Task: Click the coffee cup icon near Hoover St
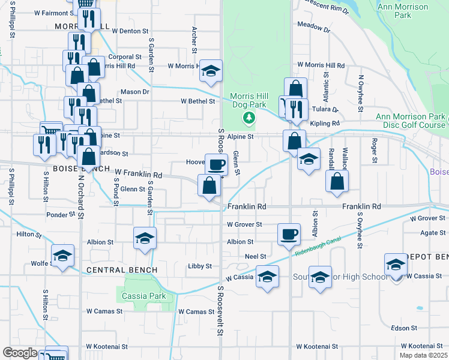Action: point(216,163)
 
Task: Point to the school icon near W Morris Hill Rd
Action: point(211,70)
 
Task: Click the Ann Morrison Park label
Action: point(403,11)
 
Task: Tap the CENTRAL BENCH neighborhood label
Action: point(122,270)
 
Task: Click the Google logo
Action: point(20,352)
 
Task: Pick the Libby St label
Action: point(200,266)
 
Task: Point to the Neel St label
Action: point(255,256)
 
